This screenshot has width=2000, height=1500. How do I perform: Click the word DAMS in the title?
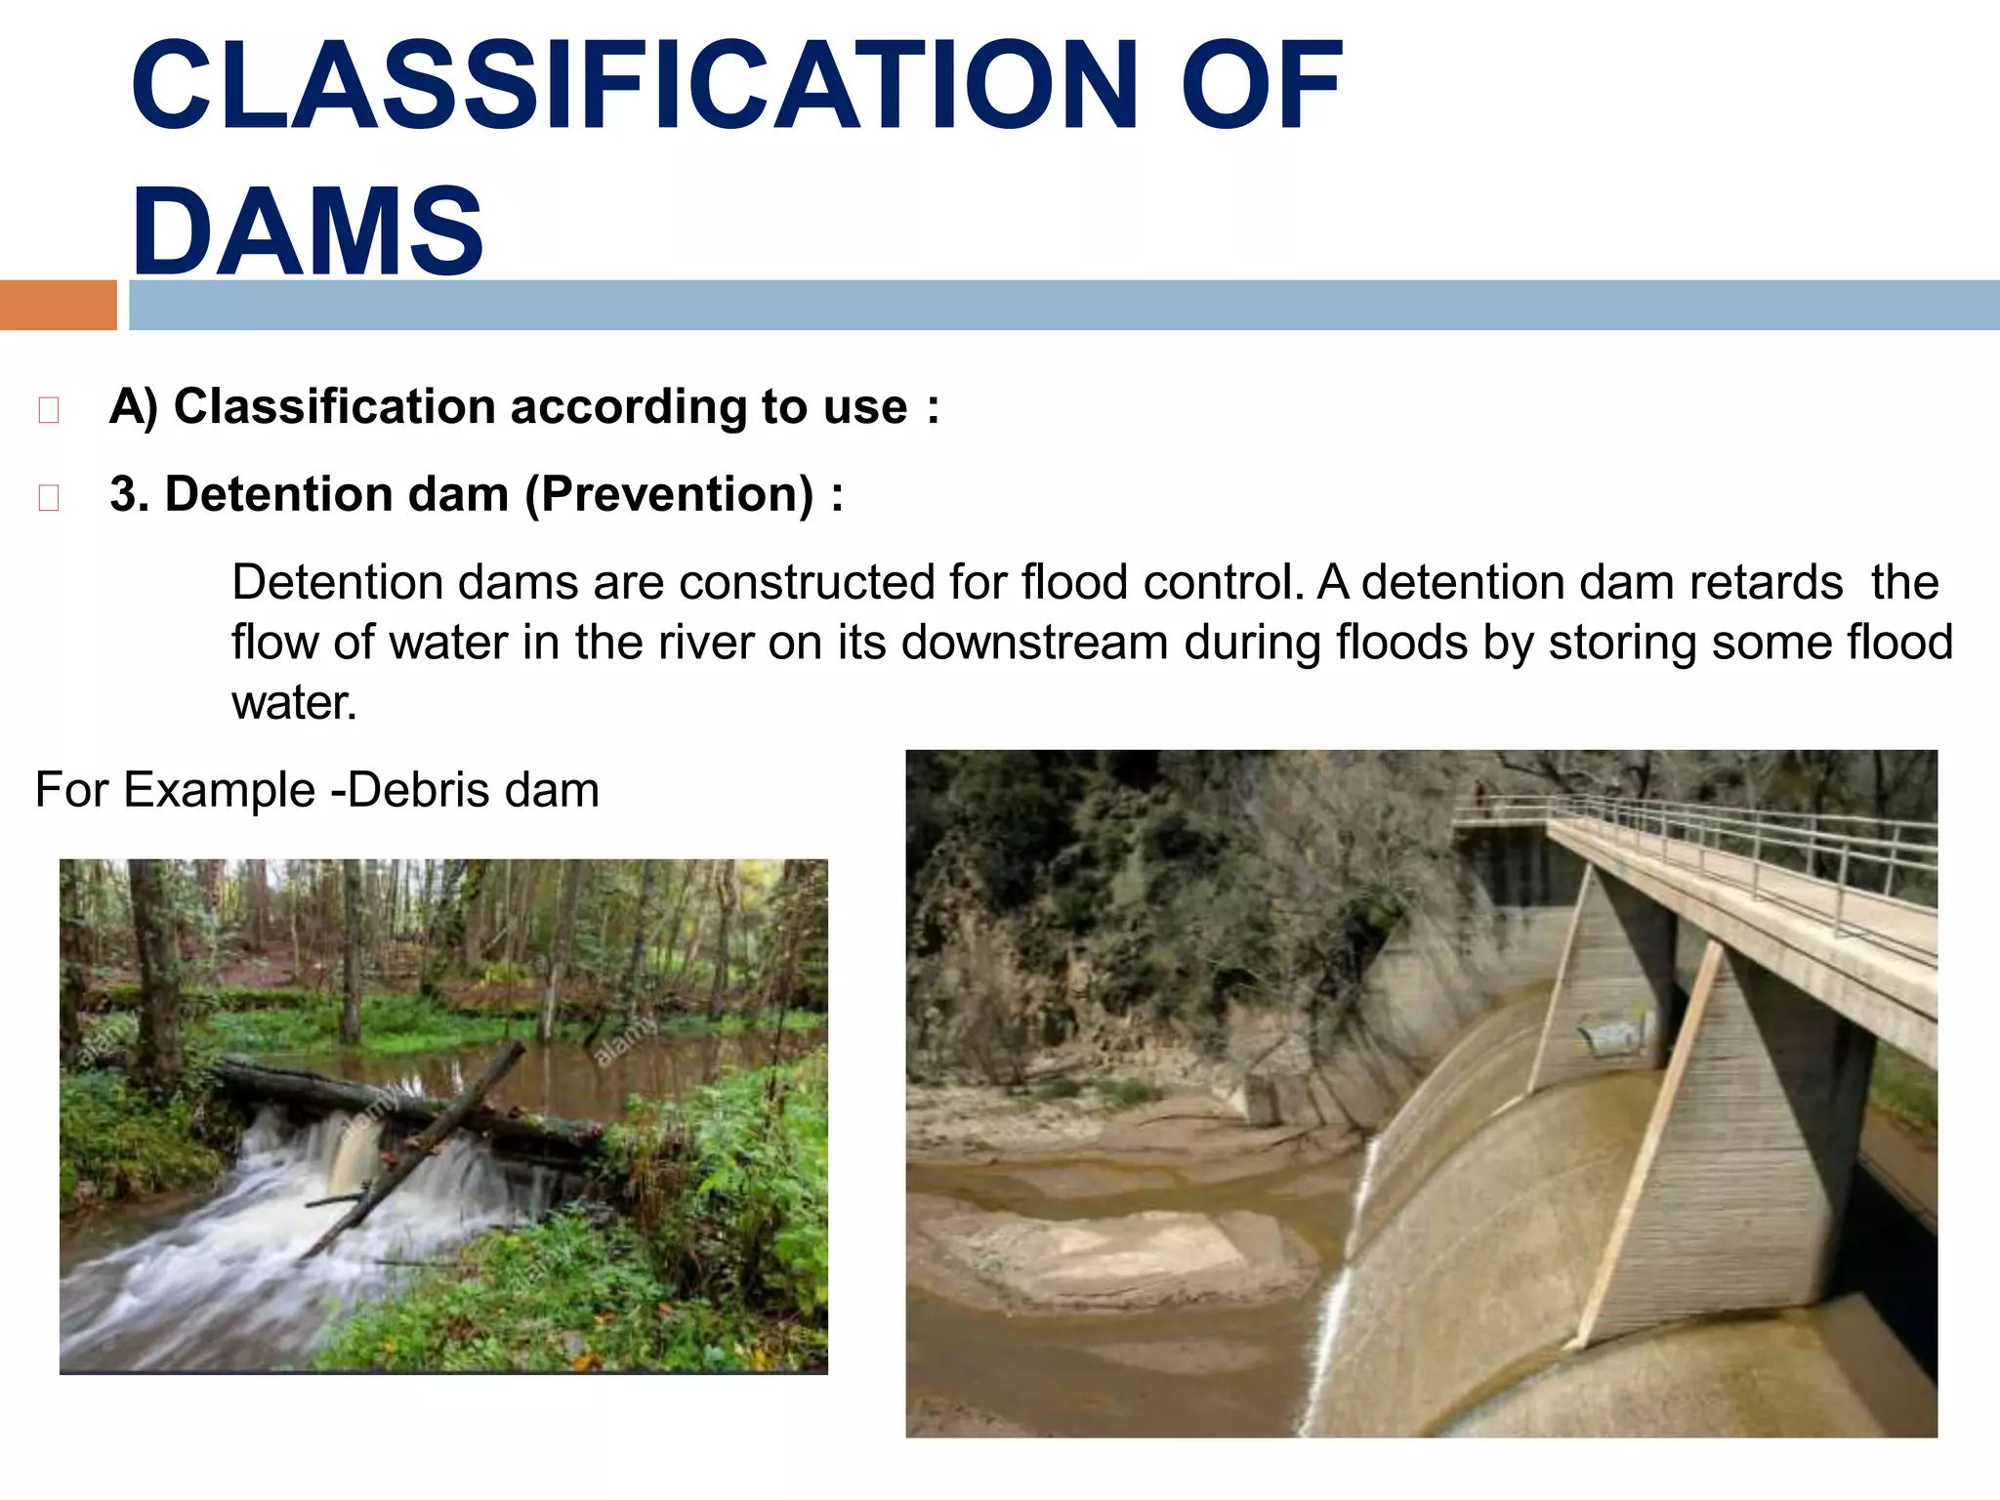(307, 232)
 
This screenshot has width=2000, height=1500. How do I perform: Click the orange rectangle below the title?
(58, 305)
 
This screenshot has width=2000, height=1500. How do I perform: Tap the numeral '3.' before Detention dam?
(129, 494)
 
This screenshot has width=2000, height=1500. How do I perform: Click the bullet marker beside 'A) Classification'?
(48, 410)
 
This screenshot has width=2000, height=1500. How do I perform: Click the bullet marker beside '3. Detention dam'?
(48, 498)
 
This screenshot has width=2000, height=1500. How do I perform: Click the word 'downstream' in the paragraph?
(1034, 643)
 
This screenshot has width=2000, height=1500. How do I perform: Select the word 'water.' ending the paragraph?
(294, 703)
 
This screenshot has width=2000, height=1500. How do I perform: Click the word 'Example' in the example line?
(219, 790)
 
